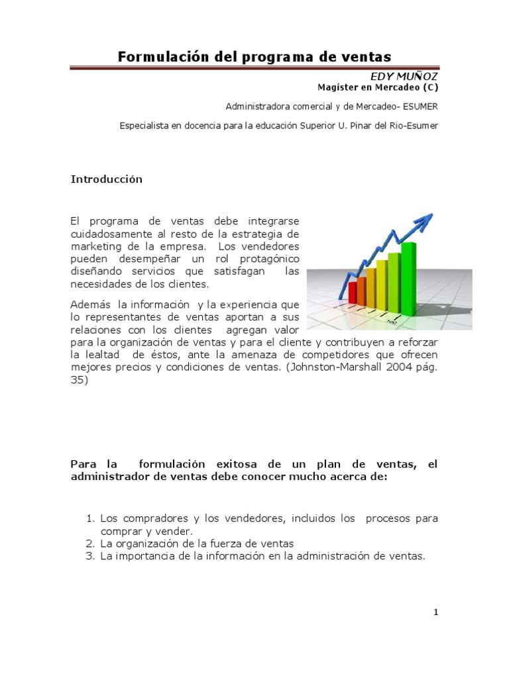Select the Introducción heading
tap(107, 179)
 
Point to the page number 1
tap(435, 613)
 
